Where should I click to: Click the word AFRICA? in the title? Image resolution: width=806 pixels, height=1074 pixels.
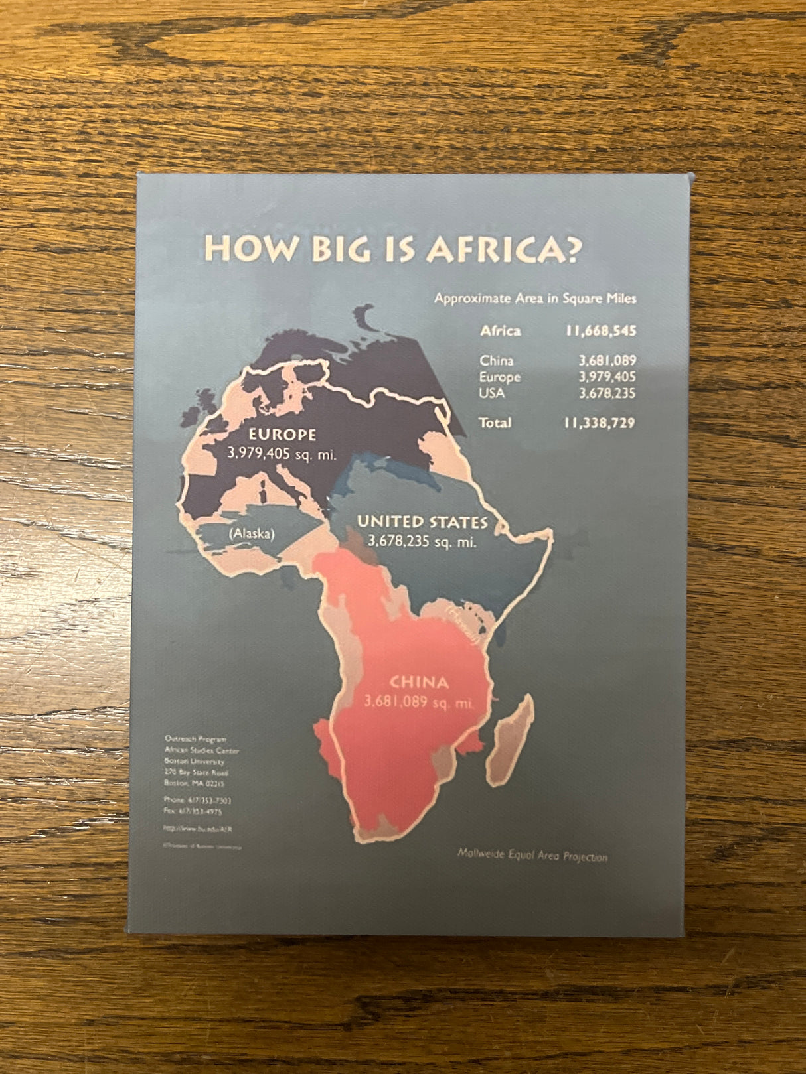[505, 249]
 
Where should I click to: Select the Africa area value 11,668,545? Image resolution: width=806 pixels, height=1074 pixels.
[601, 330]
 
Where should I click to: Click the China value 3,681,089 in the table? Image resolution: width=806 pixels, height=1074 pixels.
[607, 361]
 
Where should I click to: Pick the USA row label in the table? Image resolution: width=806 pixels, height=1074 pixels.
[492, 393]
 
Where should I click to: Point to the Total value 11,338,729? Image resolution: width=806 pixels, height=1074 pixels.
[600, 423]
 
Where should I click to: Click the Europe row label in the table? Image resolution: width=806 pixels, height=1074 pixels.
[500, 377]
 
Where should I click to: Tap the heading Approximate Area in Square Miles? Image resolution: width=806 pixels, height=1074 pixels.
[535, 299]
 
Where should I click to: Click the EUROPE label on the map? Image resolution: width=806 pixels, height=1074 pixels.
[282, 435]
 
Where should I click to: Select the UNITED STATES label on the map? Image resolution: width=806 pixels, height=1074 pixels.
[422, 522]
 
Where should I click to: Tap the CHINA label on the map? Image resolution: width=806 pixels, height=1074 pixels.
[419, 682]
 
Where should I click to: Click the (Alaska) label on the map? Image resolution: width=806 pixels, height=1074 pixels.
[251, 533]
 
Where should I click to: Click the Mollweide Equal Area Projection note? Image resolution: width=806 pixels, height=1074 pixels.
[532, 856]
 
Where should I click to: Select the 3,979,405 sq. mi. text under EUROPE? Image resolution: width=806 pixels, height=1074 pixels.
[282, 454]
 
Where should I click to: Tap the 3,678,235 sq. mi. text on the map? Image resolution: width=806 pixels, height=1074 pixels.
[422, 541]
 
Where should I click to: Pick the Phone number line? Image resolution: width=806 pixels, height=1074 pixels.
[197, 800]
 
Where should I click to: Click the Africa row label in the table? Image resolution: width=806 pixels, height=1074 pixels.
[500, 330]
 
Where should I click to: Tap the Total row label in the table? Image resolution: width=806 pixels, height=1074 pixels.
[495, 423]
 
